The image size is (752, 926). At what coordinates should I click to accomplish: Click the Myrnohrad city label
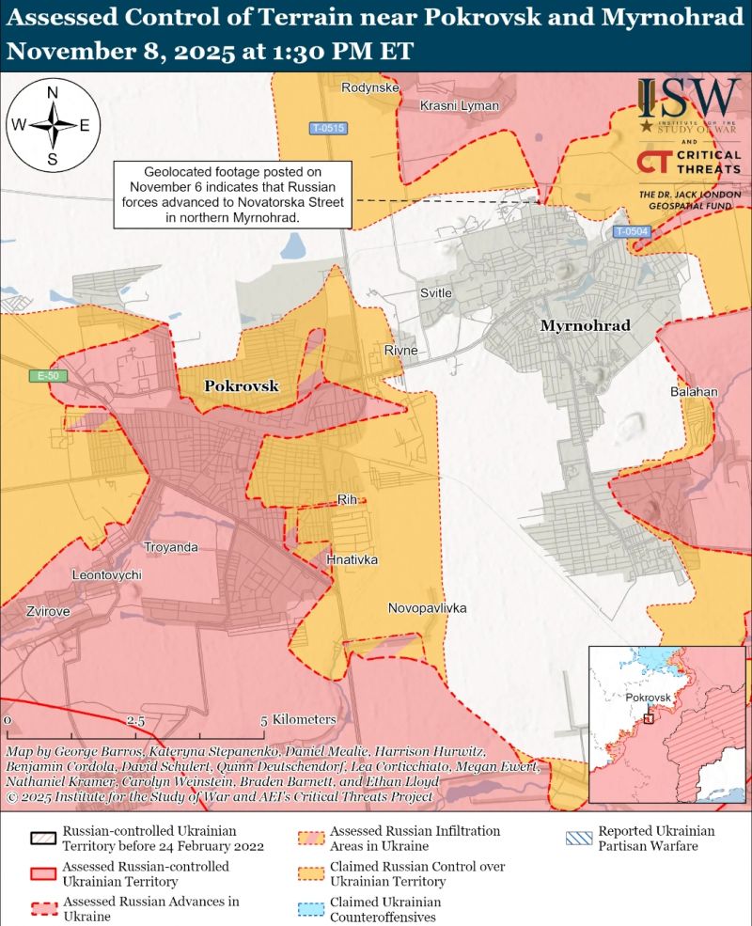pyautogui.click(x=584, y=325)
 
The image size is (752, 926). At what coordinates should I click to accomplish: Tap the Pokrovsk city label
pyautogui.click(x=236, y=385)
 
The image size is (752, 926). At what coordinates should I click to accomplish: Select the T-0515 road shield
pyautogui.click(x=329, y=128)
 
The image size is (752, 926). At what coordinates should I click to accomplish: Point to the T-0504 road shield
pyautogui.click(x=632, y=231)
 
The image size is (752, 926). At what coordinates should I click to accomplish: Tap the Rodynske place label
pyautogui.click(x=371, y=88)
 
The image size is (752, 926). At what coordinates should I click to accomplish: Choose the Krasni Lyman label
pyautogui.click(x=459, y=105)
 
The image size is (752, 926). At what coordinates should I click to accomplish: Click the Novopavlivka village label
pyautogui.click(x=427, y=609)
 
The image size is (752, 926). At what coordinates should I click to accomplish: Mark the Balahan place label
pyautogui.click(x=694, y=391)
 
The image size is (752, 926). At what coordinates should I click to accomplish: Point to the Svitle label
pyautogui.click(x=435, y=293)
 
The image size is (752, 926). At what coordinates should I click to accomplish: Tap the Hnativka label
pyautogui.click(x=352, y=559)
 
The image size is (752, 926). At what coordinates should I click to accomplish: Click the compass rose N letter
pyautogui.click(x=53, y=92)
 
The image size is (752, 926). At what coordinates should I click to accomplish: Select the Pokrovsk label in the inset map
pyautogui.click(x=649, y=698)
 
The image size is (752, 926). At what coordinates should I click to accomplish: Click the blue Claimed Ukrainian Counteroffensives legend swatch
pyautogui.click(x=313, y=907)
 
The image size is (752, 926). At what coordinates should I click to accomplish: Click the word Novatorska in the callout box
pyautogui.click(x=288, y=202)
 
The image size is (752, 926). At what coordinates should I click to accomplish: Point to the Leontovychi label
pyautogui.click(x=106, y=574)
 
